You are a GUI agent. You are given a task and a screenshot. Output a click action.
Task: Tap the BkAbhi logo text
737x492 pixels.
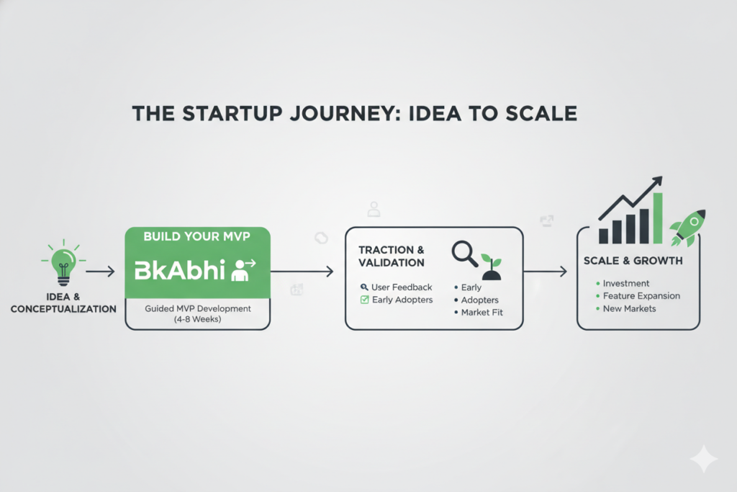click(x=178, y=272)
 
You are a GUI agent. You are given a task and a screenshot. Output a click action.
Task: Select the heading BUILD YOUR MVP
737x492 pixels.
click(x=196, y=236)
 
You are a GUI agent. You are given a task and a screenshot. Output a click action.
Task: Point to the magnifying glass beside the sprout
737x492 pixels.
click(x=464, y=253)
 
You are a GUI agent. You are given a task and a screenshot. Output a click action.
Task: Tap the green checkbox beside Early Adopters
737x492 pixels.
click(x=364, y=300)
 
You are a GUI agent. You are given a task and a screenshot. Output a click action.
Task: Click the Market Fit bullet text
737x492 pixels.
click(x=479, y=312)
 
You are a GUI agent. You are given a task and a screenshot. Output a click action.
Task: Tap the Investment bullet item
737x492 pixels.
click(x=625, y=283)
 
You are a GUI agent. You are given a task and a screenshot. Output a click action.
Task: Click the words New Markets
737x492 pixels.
click(x=630, y=308)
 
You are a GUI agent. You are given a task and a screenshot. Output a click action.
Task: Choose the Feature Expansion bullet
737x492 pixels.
click(x=641, y=295)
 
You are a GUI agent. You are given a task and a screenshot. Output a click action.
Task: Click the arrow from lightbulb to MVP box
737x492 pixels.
click(x=101, y=272)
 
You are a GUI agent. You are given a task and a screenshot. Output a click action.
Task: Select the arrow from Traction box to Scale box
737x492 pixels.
click(x=546, y=272)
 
